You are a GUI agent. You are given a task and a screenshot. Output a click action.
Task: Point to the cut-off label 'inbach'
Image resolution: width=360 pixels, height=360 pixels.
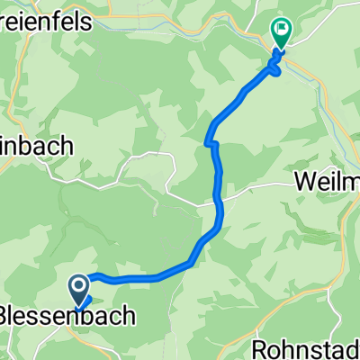tap(40, 144)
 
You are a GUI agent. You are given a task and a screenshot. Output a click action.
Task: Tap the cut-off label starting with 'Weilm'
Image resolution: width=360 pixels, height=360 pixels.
tap(327, 182)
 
